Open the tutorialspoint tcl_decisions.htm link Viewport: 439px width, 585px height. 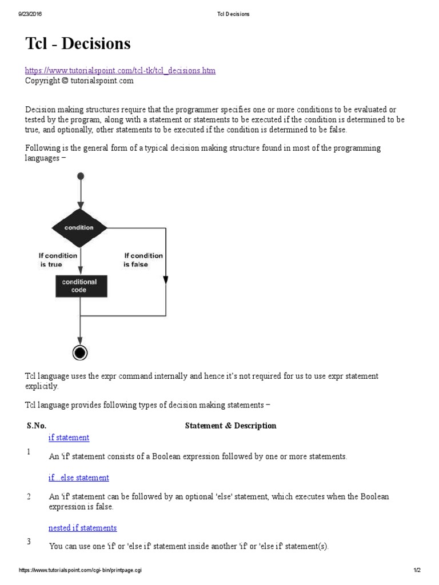pyautogui.click(x=120, y=70)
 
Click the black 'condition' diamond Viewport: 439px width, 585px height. pyautogui.click(x=79, y=227)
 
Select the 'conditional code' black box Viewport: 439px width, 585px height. pyautogui.click(x=79, y=286)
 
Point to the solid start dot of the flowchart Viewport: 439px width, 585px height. pyautogui.click(x=81, y=176)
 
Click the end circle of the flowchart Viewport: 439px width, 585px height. pyautogui.click(x=81, y=353)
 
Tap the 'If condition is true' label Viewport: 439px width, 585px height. pyautogui.click(x=57, y=260)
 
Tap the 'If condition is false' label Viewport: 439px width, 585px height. pyautogui.click(x=143, y=260)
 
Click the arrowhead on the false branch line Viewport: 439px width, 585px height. pyautogui.click(x=166, y=280)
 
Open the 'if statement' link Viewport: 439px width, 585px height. pyautogui.click(x=69, y=438)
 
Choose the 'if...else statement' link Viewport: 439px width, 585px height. pyautogui.click(x=78, y=478)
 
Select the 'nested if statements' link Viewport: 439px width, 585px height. pyautogui.click(x=82, y=528)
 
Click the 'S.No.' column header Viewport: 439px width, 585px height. pyautogui.click(x=37, y=426)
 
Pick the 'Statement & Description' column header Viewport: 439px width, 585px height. pyautogui.click(x=230, y=426)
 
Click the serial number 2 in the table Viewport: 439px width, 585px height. pyautogui.click(x=29, y=496)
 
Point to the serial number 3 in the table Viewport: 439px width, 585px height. pyautogui.click(x=29, y=541)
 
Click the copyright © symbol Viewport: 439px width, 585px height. pyautogui.click(x=65, y=81)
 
